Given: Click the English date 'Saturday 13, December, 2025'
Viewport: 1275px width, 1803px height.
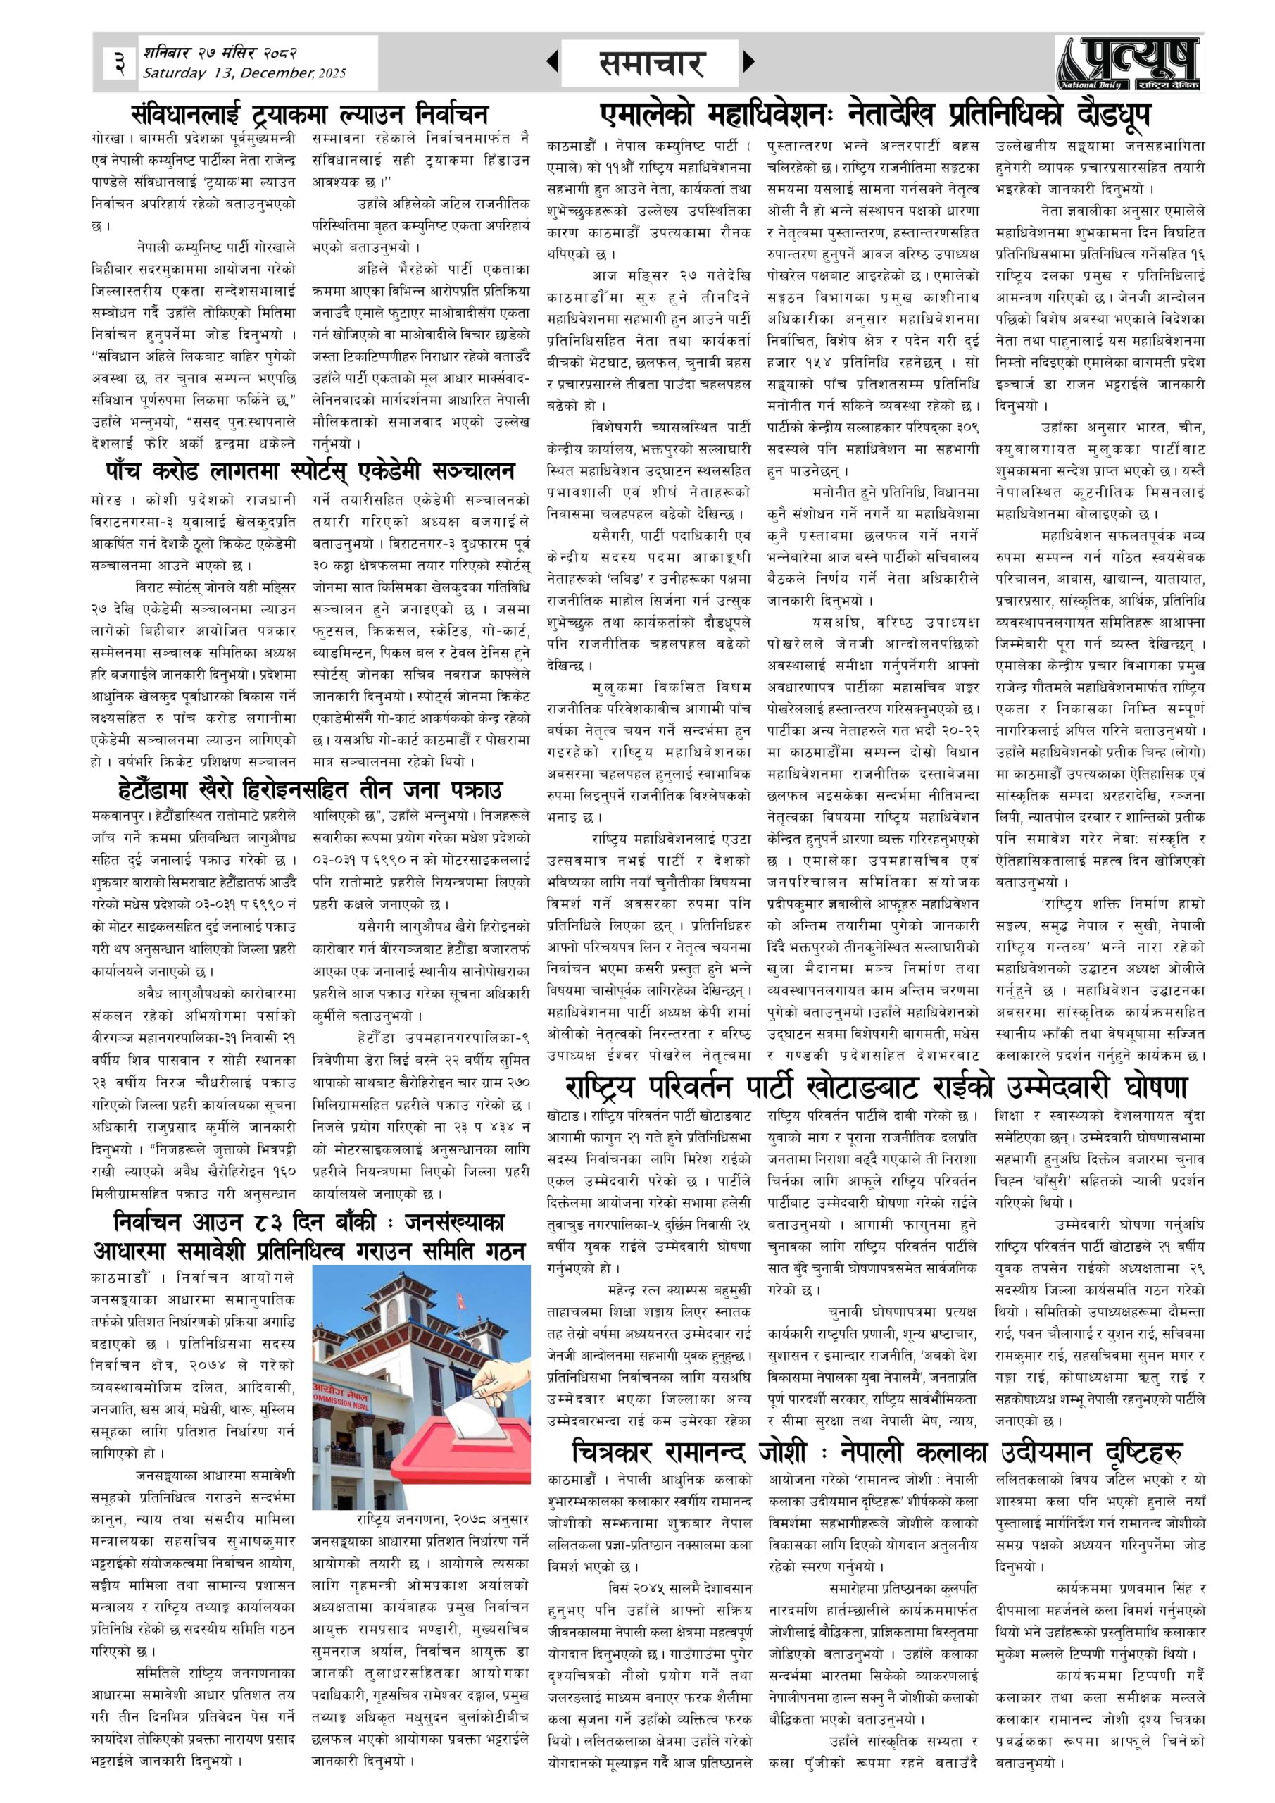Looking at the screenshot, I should click(244, 73).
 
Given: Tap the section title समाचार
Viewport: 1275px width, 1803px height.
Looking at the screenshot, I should click(651, 63).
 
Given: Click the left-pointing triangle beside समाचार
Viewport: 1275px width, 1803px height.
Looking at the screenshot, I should click(553, 61).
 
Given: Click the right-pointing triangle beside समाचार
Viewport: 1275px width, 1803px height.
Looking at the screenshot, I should click(748, 61).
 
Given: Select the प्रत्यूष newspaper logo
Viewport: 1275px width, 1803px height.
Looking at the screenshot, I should click(1128, 63).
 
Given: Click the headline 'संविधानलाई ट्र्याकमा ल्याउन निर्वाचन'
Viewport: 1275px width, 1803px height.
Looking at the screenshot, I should click(309, 114).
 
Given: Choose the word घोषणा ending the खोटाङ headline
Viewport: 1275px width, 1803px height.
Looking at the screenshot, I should click(1152, 1087).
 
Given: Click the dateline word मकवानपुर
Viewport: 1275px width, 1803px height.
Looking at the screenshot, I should click(115, 815).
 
